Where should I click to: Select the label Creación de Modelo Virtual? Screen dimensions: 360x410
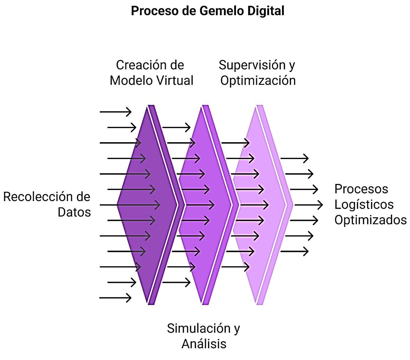pos(151,73)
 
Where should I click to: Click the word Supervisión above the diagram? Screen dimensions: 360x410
pos(252,65)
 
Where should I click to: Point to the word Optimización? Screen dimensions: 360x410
pos(258,81)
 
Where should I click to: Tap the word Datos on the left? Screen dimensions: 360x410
pos(74,212)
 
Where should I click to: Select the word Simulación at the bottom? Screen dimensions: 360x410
pos(199,328)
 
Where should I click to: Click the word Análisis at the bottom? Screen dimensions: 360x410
pos(204,344)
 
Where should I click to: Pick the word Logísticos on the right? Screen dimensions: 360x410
pos(364,205)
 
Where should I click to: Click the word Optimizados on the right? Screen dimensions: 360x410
pos(370,220)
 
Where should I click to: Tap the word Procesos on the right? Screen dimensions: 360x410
pos(361,189)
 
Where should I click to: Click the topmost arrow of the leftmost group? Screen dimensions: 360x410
pos(115,112)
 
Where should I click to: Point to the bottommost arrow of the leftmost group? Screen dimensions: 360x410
pos(115,298)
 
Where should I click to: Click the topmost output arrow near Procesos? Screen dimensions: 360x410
pos(294,158)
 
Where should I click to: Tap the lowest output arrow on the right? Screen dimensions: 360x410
pos(294,251)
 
